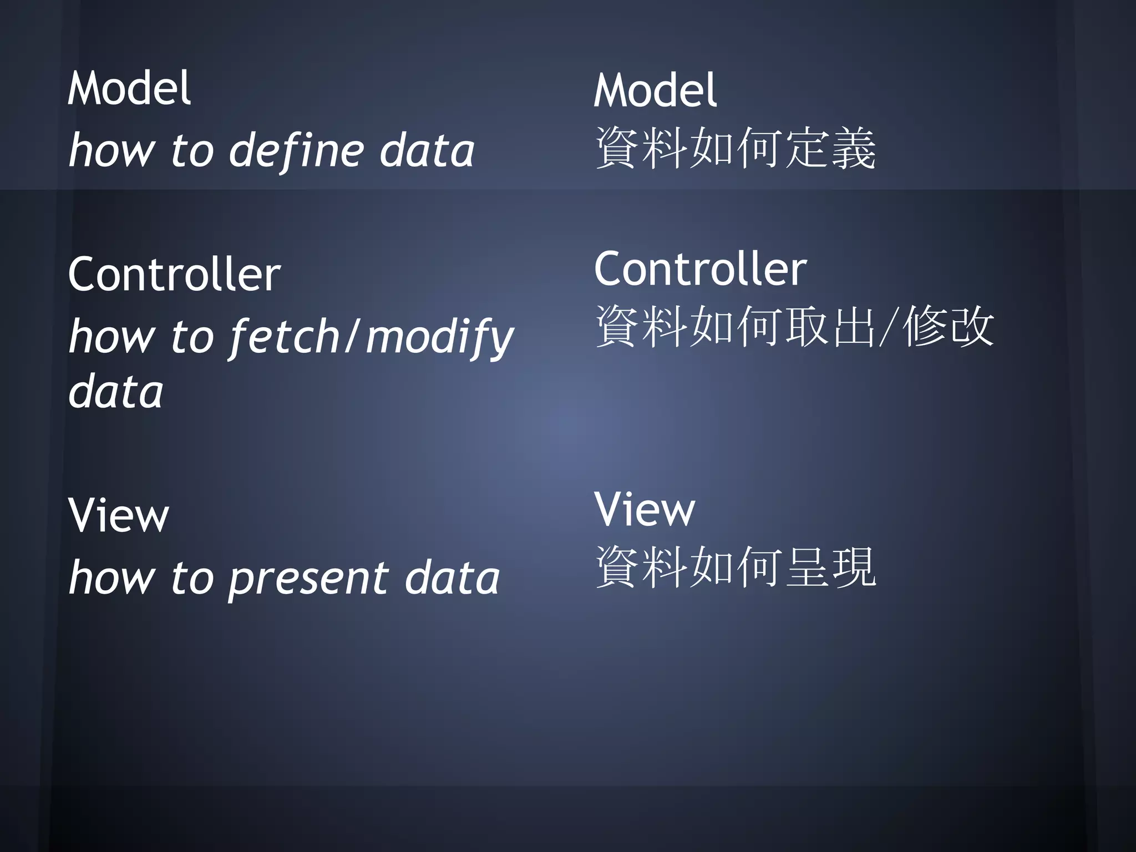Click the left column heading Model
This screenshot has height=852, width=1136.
coord(129,88)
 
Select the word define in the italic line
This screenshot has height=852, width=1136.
coord(297,151)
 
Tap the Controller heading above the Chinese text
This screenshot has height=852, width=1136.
coord(700,269)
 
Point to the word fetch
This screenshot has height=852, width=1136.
coord(285,336)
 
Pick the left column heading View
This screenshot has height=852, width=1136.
coord(118,515)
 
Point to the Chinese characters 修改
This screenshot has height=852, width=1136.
coord(949,327)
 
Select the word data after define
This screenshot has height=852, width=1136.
coord(427,151)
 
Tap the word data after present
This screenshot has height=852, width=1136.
coord(452,578)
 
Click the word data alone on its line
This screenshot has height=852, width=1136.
coord(116,392)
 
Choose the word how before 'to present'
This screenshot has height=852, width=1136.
coord(111,578)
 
